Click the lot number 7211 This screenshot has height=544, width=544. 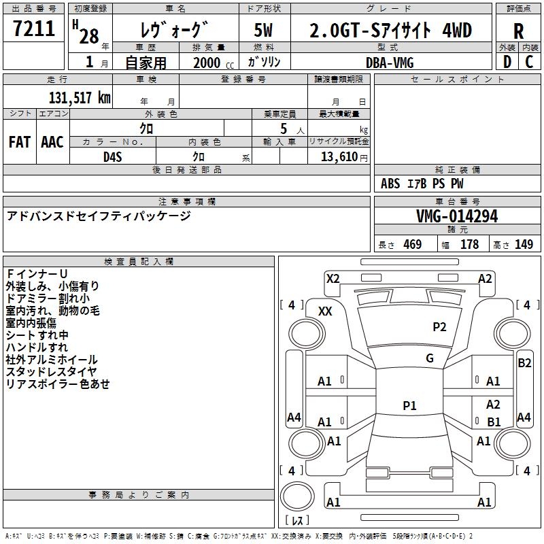point(34,29)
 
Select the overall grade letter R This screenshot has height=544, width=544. point(518,31)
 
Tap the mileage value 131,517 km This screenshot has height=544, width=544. point(80,98)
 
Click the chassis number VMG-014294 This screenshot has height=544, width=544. point(457,216)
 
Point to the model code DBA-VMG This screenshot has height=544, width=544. point(390,63)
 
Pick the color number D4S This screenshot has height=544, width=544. point(113,157)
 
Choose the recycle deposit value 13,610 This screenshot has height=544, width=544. point(339,157)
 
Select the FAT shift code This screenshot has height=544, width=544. point(20,142)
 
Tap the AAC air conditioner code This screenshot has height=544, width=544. point(52,142)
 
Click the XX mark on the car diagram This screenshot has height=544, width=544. point(325,311)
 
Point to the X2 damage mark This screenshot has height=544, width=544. point(333,279)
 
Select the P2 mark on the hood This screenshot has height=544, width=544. point(439,327)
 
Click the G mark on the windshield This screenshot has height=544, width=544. point(430,358)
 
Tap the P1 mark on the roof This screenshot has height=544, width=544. point(409,405)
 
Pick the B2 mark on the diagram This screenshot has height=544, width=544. point(524,363)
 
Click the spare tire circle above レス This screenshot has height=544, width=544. point(297,496)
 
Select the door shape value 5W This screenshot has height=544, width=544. point(264,30)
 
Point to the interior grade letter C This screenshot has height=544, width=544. point(530,62)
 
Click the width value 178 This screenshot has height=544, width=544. point(469,244)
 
